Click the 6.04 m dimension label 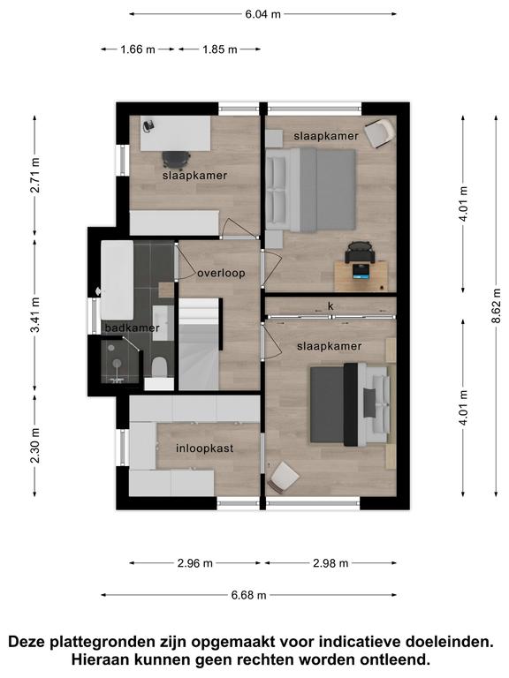pyautogui.click(x=263, y=14)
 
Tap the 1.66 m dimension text pyautogui.click(x=138, y=49)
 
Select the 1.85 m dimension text pyautogui.click(x=220, y=49)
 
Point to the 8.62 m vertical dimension pyautogui.click(x=497, y=305)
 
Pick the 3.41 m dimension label pyautogui.click(x=35, y=315)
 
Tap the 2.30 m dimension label pyautogui.click(x=35, y=445)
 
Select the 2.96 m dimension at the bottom pyautogui.click(x=194, y=563)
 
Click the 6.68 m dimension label pyautogui.click(x=248, y=595)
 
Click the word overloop pyautogui.click(x=221, y=274)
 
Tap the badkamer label pyautogui.click(x=132, y=328)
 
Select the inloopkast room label pyautogui.click(x=205, y=448)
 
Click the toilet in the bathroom pyautogui.click(x=160, y=366)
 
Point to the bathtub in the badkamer pyautogui.click(x=117, y=280)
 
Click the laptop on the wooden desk pyautogui.click(x=361, y=271)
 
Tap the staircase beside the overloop pyautogui.click(x=200, y=343)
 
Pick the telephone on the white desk pyautogui.click(x=148, y=125)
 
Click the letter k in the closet pyautogui.click(x=330, y=306)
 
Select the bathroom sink pyautogui.click(x=163, y=323)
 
